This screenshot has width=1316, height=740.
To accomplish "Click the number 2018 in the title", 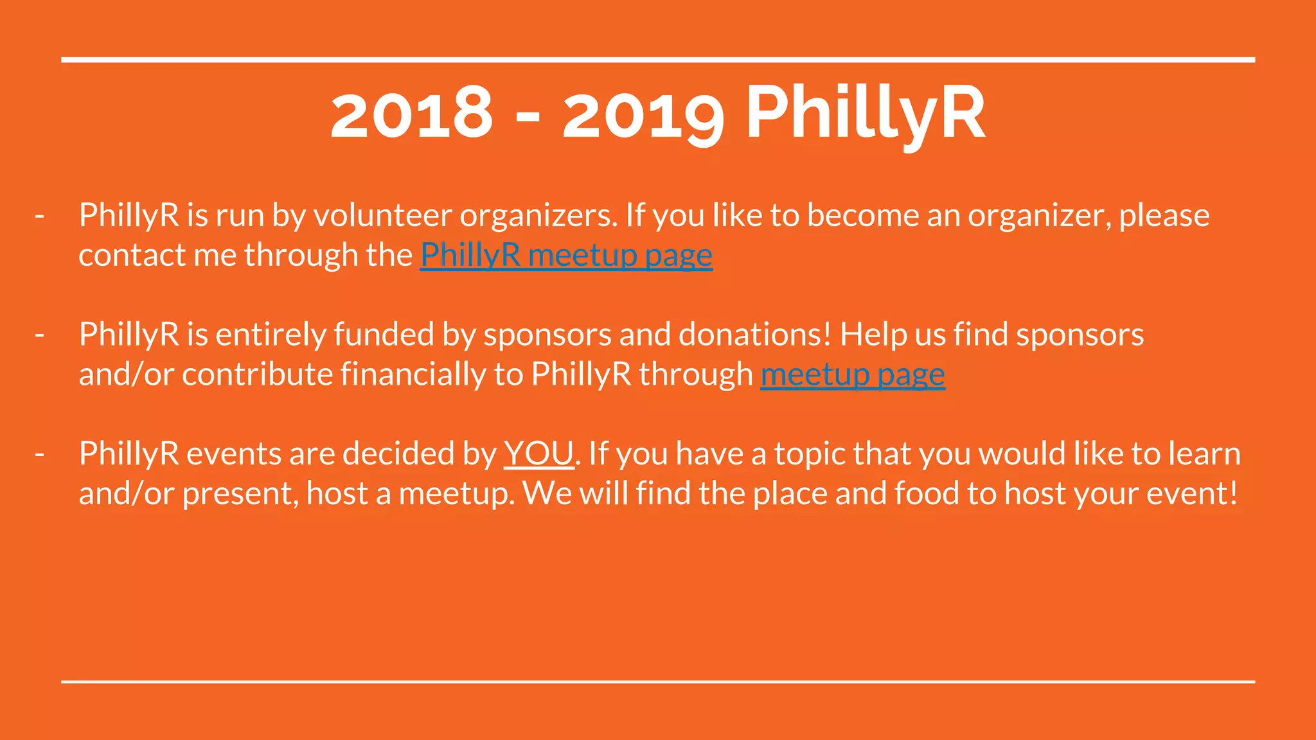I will (x=411, y=114).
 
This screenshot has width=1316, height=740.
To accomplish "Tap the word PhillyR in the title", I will (x=865, y=114).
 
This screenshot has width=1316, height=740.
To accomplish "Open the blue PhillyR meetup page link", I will (x=566, y=255).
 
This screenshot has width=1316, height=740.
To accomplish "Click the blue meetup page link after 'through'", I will (x=853, y=374).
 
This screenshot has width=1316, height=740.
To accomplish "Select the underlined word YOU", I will (x=538, y=454).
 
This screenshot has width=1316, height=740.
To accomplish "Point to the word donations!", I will (x=755, y=335).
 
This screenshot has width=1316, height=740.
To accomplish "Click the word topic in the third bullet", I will (x=809, y=454).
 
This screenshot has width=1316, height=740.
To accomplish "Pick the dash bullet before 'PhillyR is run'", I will (x=40, y=216).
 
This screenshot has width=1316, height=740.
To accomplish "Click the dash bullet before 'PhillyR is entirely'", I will (x=40, y=335).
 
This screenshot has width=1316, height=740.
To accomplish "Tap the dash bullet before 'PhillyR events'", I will (x=40, y=455).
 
